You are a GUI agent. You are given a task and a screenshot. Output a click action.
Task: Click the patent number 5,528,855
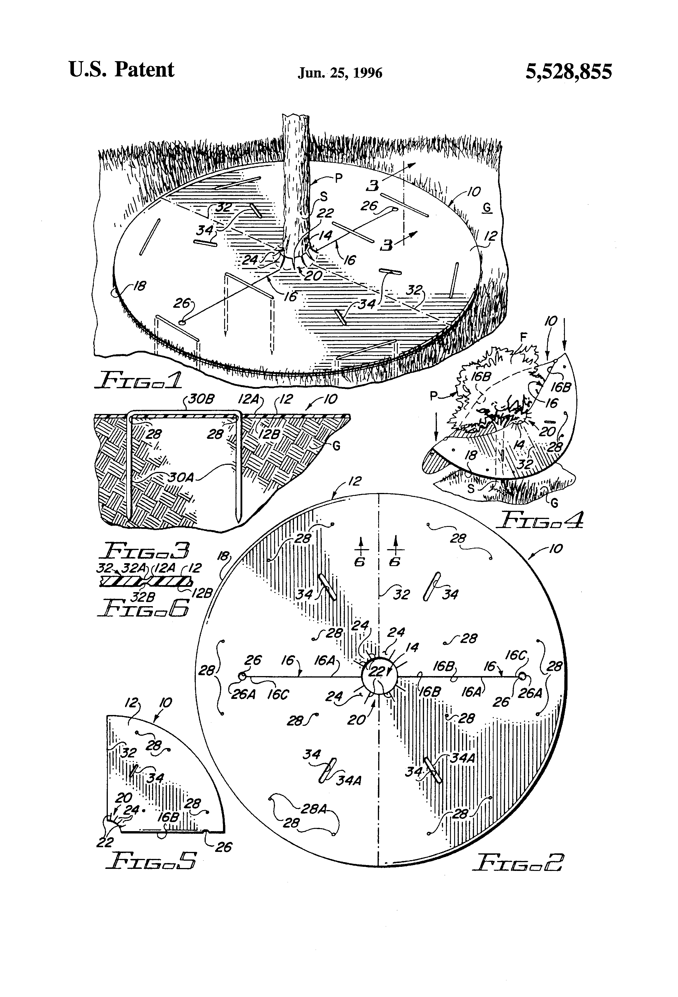pos(569,71)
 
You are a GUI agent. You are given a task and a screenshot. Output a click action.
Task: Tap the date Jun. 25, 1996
pos(340,73)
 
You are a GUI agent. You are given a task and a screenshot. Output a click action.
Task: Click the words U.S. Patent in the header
pos(122,70)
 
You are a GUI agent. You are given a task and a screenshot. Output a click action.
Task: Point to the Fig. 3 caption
pos(143,550)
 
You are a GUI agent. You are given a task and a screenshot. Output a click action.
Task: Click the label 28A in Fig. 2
pos(314,809)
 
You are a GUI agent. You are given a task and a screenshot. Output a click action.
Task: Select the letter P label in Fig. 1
pos(339,178)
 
